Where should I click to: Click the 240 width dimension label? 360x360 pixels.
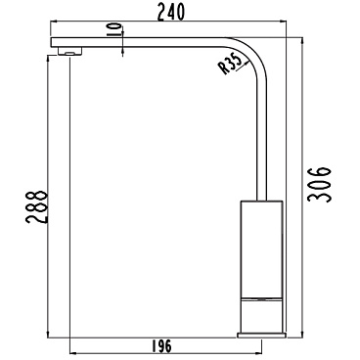pyautogui.click(x=171, y=12)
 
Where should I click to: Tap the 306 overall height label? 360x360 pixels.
pyautogui.click(x=319, y=185)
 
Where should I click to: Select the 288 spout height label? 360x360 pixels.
pyautogui.click(x=37, y=206)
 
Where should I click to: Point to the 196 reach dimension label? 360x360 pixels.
pyautogui.click(x=161, y=346)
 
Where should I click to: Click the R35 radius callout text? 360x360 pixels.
pyautogui.click(x=230, y=64)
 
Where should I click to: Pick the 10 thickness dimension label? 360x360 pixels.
pyautogui.click(x=114, y=30)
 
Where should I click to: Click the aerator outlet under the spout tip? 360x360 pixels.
pyautogui.click(x=69, y=51)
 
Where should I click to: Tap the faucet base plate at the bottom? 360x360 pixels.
pyautogui.click(x=262, y=335)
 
